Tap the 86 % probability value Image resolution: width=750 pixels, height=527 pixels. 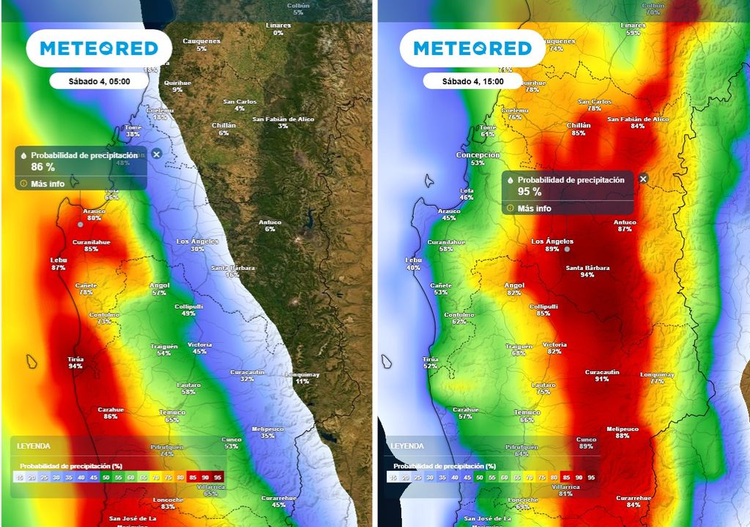43,168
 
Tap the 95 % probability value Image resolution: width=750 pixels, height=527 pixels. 530,192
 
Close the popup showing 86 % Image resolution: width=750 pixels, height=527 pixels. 156,155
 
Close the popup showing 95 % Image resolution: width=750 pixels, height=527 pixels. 643,179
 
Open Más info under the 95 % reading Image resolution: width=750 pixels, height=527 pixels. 534,209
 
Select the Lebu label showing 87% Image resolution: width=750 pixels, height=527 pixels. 59,263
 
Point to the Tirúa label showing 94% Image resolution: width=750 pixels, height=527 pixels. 75,362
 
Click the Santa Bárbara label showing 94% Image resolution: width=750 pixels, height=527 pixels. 587,271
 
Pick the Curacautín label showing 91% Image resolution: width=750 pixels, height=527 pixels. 602,375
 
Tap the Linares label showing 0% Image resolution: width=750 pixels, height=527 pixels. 278,29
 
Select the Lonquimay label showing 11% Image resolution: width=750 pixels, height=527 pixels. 302,378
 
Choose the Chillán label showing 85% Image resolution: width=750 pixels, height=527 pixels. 579,129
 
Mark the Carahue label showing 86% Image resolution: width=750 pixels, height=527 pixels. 111,413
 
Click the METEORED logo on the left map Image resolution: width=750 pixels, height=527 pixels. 99,48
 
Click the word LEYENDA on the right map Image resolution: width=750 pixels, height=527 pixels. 407,445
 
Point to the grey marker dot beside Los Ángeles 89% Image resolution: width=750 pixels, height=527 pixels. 567,250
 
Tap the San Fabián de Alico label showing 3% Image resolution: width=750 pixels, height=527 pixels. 283,122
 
